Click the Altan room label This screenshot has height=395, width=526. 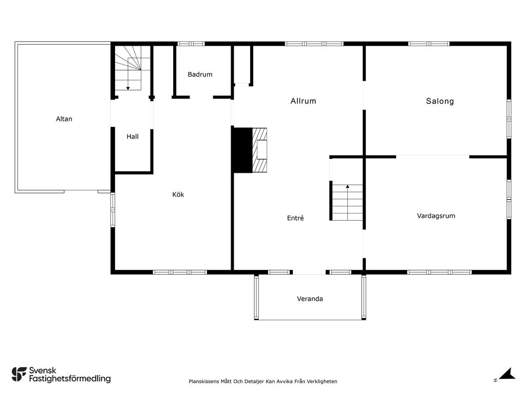coord(64,119)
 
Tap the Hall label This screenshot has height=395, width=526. coord(133,137)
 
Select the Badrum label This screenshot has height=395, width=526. coord(200,75)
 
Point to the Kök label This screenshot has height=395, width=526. coord(178,194)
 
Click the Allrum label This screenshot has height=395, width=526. coord(303,101)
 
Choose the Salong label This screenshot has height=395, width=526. coord(440,101)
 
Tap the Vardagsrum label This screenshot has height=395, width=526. coord(436,216)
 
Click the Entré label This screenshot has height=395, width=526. coord(295,218)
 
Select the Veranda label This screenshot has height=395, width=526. coord(310,299)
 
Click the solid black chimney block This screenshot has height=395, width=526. coord(242,150)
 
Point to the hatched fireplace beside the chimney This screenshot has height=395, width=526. coord(259,150)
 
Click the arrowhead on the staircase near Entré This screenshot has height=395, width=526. coord(348,186)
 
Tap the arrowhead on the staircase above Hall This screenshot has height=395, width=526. coord(128,88)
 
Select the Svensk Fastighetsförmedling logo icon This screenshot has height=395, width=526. coord(19,374)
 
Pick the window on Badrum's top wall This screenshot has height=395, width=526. coord(191,44)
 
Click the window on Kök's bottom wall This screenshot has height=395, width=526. coord(180,272)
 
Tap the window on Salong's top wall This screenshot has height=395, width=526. coord(429,44)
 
